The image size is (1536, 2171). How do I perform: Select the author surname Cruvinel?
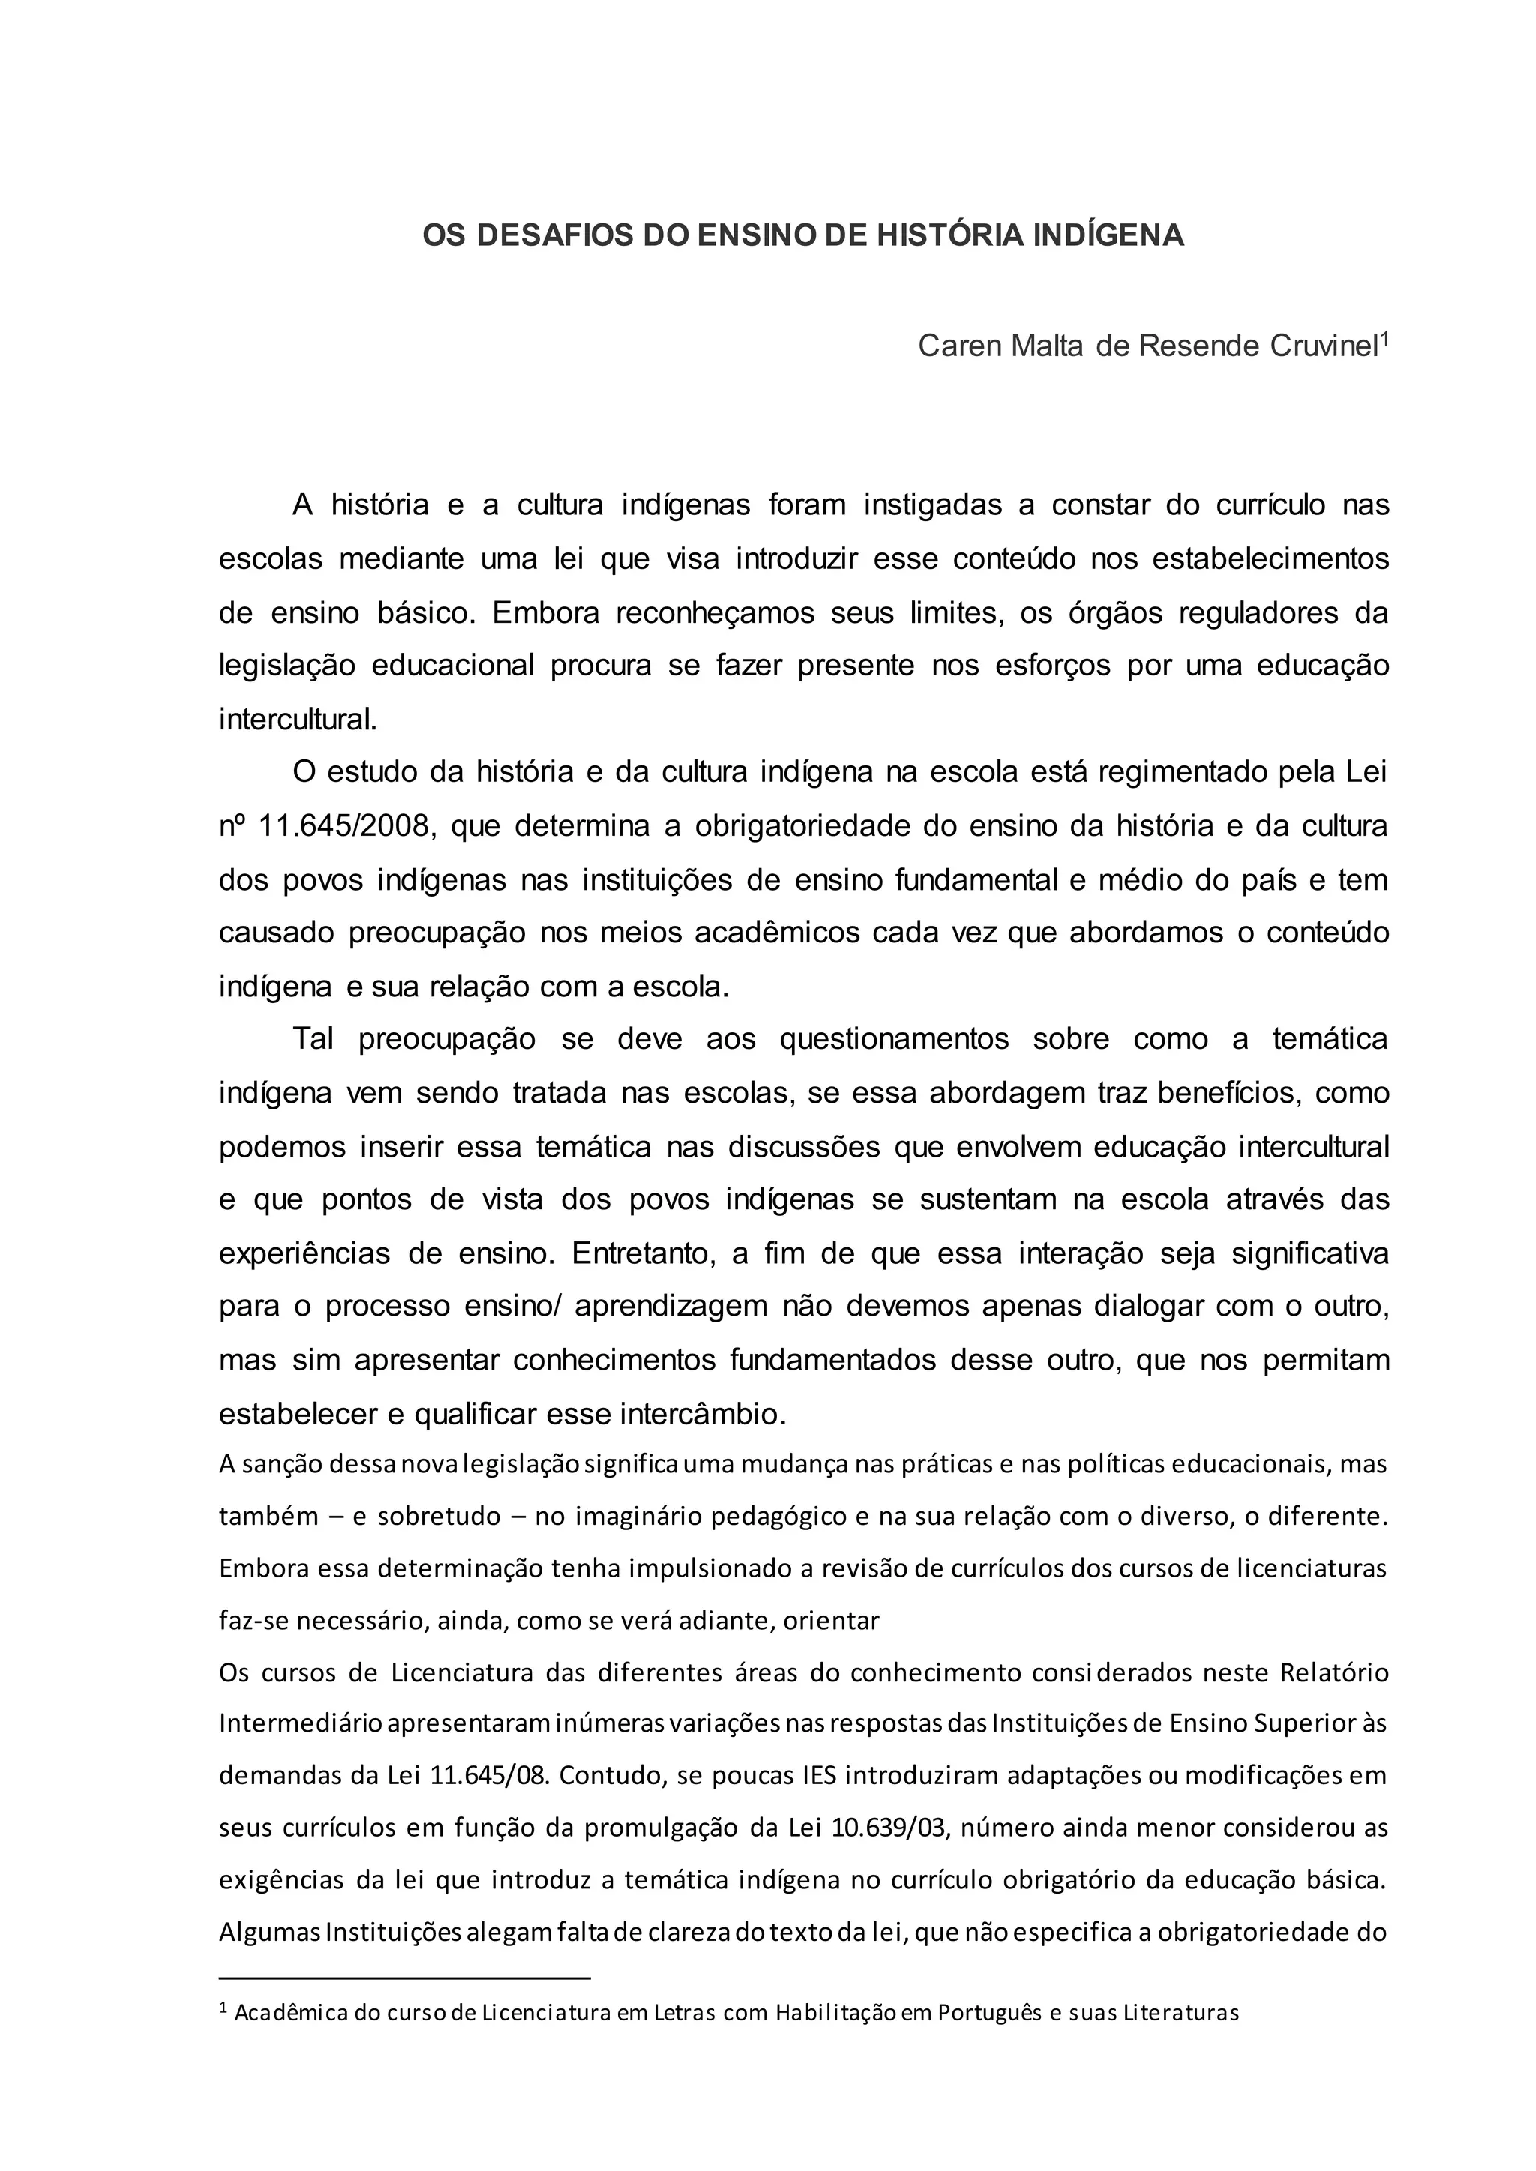click(1322, 346)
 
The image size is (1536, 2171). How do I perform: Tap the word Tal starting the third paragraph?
click(313, 1039)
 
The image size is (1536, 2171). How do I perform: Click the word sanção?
click(282, 1465)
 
